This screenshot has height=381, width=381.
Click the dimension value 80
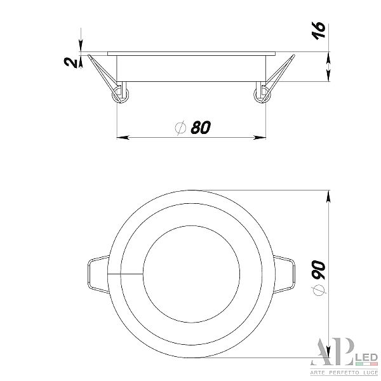pyautogui.click(x=201, y=128)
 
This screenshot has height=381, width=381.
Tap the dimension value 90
pyautogui.click(x=319, y=269)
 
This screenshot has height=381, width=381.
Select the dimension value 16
pyautogui.click(x=318, y=30)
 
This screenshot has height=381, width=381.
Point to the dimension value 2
pyautogui.click(x=70, y=62)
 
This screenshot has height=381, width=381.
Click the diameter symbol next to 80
pyautogui.click(x=180, y=128)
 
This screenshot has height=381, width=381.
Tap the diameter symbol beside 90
pyautogui.click(x=319, y=290)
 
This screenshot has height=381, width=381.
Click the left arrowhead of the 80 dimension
pyautogui.click(x=123, y=138)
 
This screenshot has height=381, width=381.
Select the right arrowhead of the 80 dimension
pyautogui.click(x=260, y=138)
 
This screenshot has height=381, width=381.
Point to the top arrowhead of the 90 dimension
pyautogui.click(x=328, y=196)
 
